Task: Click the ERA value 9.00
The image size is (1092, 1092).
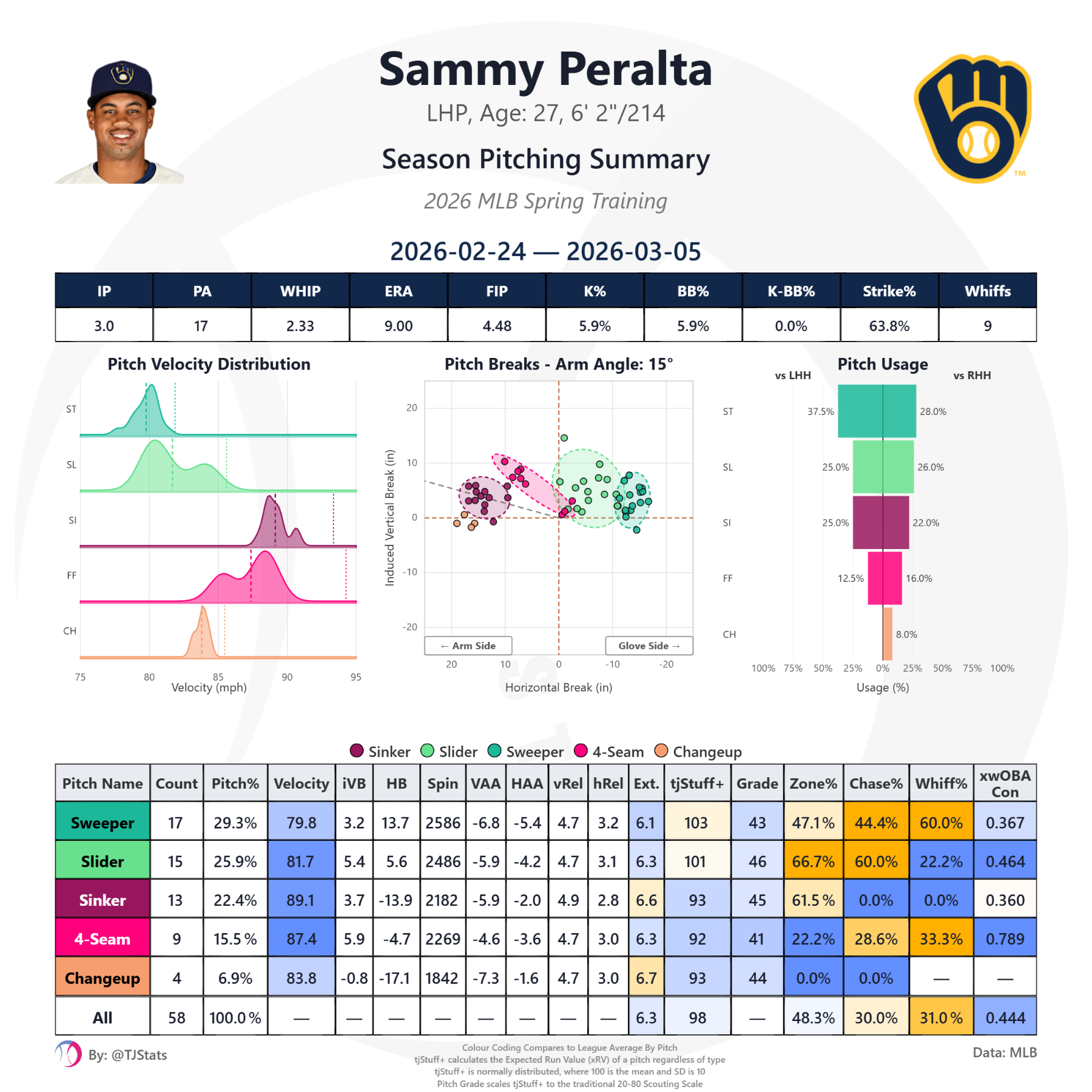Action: click(x=398, y=326)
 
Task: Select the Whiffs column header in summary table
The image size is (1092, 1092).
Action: click(x=987, y=291)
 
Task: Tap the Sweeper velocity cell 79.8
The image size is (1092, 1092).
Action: click(x=302, y=823)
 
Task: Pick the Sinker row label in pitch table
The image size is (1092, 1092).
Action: click(x=103, y=900)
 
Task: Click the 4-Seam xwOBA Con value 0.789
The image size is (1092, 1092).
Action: click(x=1005, y=939)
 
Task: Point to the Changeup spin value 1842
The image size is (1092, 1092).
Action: click(x=442, y=978)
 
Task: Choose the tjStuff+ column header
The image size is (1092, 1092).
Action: click(x=696, y=783)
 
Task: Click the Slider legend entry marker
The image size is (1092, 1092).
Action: click(x=427, y=751)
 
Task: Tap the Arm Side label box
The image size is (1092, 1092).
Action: click(x=468, y=645)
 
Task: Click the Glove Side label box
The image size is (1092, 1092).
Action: click(x=649, y=645)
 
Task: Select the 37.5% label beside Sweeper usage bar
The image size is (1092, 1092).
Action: click(x=820, y=411)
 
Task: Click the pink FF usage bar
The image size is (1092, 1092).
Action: click(x=885, y=578)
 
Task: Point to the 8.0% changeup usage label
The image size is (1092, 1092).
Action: click(x=906, y=635)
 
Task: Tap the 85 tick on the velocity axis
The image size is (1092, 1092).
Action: click(x=218, y=676)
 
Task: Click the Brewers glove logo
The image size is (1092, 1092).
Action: click(x=973, y=118)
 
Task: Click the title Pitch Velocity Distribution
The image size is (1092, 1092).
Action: click(x=209, y=364)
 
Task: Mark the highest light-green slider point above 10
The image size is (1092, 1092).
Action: click(x=564, y=437)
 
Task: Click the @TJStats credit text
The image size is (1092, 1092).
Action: click(x=128, y=1055)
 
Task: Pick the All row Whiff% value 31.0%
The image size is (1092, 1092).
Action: click(x=941, y=1017)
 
